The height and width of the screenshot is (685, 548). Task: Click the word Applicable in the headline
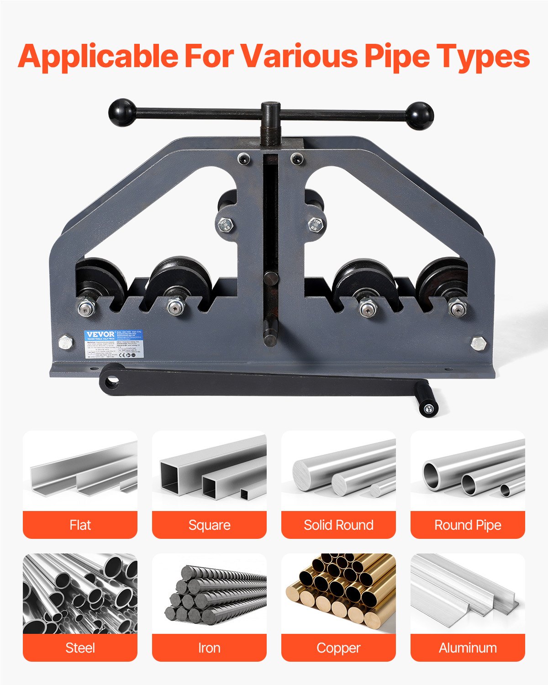98,56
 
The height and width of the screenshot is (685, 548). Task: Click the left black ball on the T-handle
122,112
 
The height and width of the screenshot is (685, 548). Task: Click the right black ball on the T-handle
419,116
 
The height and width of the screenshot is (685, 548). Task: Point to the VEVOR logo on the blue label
100,335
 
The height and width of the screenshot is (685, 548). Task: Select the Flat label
80,525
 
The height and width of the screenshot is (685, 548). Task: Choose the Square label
209,525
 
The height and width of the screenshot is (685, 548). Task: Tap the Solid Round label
338,525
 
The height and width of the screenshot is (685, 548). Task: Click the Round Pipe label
468,525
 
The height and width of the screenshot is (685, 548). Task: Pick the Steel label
80,648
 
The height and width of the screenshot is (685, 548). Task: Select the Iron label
209,648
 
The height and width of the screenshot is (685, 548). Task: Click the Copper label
338,648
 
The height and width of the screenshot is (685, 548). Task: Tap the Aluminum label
468,648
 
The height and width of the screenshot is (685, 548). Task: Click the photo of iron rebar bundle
209,594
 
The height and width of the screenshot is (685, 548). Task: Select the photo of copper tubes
338,594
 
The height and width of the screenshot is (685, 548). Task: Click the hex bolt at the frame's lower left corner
66,343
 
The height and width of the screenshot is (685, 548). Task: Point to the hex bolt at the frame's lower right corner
478,343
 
